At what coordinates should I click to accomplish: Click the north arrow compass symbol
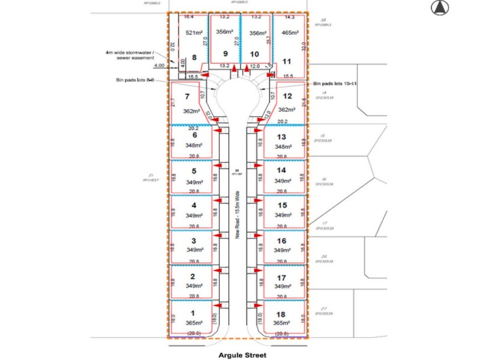click(x=439, y=7)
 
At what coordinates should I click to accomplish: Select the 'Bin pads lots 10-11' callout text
click(x=335, y=84)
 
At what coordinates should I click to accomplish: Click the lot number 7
click(x=187, y=96)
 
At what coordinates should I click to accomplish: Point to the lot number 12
click(x=287, y=96)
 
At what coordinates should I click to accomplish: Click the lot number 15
click(x=282, y=205)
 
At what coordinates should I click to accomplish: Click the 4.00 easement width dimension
click(x=159, y=65)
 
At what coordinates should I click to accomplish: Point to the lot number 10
click(x=254, y=53)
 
